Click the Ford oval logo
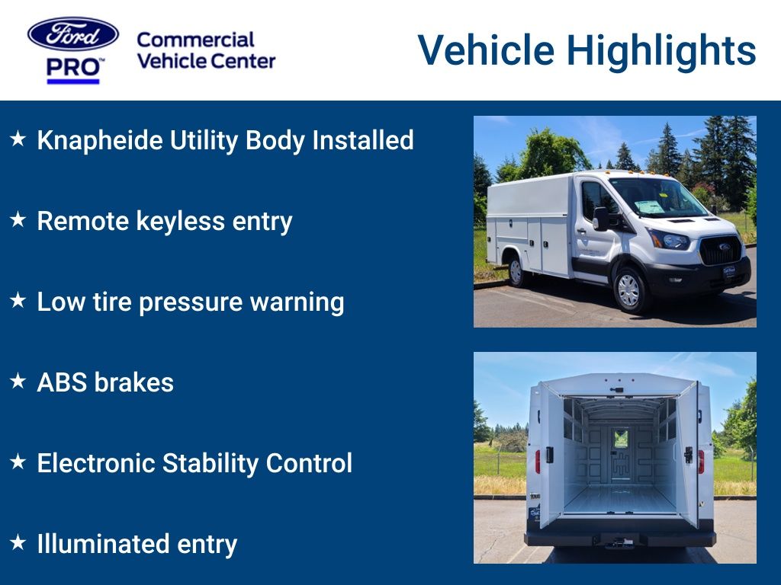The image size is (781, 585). (x=73, y=34)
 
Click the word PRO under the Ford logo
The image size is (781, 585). (x=73, y=68)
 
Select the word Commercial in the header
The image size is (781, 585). (x=195, y=40)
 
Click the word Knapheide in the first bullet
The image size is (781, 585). (x=100, y=140)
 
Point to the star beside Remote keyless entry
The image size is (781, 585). (x=18, y=220)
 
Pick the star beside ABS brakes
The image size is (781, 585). (x=18, y=382)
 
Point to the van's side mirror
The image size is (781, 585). (x=601, y=219)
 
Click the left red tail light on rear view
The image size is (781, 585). (x=538, y=461)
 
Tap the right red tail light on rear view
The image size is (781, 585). (x=701, y=461)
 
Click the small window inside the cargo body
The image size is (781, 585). (x=621, y=438)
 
